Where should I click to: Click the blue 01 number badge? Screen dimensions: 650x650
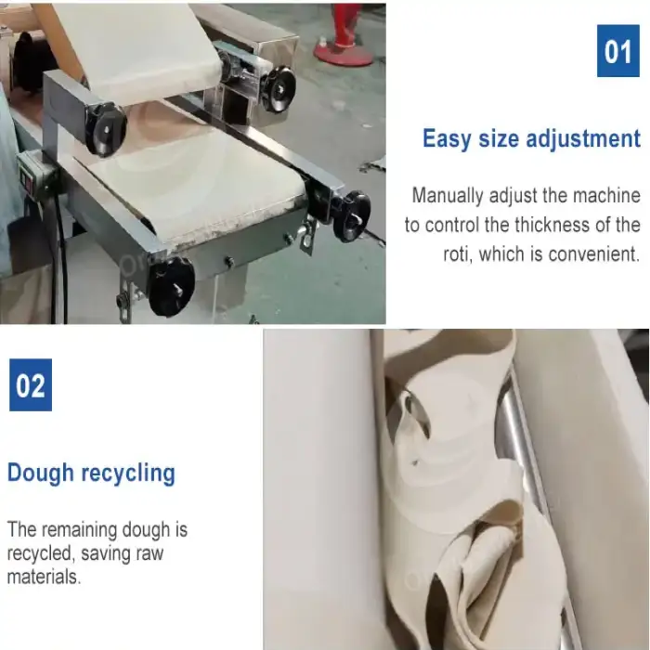[x=617, y=50]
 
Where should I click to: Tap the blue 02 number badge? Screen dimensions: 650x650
[x=31, y=384]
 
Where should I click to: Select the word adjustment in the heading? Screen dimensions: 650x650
[x=583, y=138]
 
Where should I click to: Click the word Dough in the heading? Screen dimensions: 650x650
[x=41, y=473]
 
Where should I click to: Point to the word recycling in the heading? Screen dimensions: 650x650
[x=128, y=473]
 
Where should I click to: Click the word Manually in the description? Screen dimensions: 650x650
[x=448, y=196]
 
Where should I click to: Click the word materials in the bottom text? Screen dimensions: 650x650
[x=44, y=577]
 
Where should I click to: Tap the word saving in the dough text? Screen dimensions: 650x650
[x=106, y=553]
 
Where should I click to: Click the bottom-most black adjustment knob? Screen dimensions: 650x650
[x=170, y=286]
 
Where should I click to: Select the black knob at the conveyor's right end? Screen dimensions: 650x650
[x=351, y=216]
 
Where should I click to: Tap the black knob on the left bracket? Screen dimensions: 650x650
[x=105, y=130]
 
